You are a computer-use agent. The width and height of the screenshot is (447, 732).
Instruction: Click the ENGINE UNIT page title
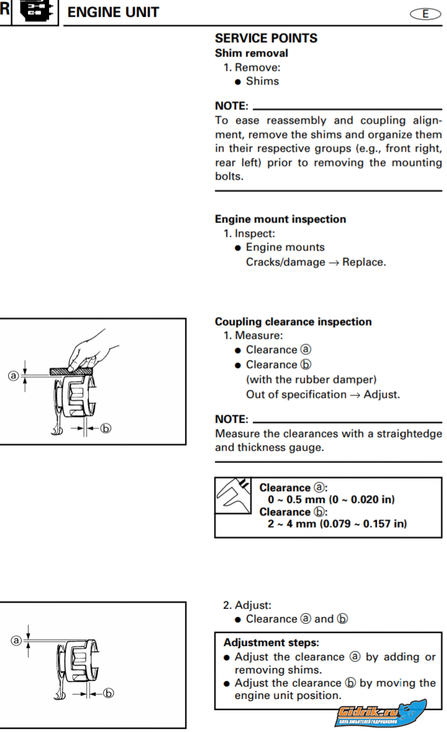114,12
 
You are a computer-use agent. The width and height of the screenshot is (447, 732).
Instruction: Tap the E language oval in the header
425,14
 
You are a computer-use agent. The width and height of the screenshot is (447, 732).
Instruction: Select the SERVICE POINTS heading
266,39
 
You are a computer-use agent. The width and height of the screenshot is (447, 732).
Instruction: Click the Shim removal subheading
251,53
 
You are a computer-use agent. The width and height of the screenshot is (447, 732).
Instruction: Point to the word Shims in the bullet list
262,81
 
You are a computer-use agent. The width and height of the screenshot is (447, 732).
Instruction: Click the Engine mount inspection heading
281,219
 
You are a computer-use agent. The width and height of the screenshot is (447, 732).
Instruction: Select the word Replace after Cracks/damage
364,262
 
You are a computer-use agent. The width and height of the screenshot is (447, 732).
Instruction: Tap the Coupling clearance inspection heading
293,322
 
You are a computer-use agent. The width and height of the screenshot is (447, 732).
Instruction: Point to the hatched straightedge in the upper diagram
71,372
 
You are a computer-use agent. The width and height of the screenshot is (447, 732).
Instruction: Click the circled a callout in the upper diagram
13,375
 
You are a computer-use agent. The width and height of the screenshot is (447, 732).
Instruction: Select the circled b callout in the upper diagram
106,428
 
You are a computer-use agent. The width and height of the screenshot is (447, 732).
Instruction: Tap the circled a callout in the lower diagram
16,641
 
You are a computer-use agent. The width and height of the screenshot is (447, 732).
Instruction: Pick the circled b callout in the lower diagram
108,693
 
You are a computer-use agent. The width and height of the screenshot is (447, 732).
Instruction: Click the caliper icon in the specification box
233,495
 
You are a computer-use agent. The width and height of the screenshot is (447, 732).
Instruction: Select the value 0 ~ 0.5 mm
296,500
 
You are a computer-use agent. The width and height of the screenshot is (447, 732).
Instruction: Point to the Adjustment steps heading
271,643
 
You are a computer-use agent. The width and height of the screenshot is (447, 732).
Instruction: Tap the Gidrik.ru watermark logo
381,713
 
